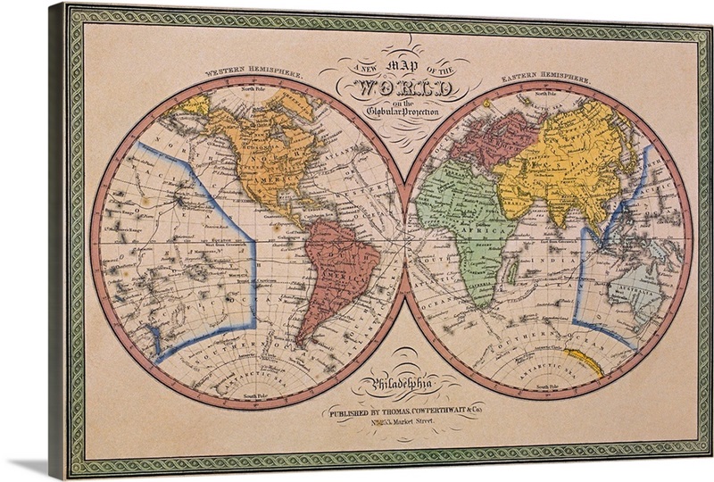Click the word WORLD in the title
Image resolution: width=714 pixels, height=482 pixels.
coord(407,90)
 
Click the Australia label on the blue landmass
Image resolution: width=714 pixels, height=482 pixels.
coord(635,291)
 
